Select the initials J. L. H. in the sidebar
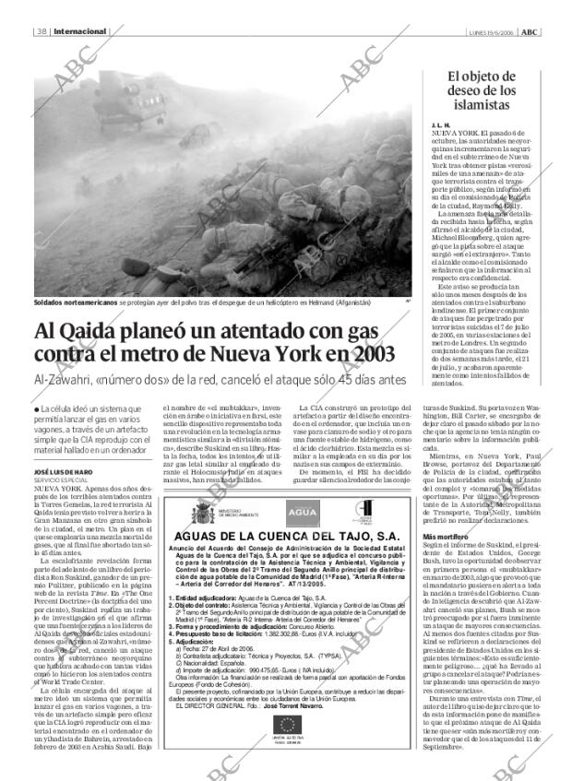click(x=441, y=124)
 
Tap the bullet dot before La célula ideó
click(x=36, y=409)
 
